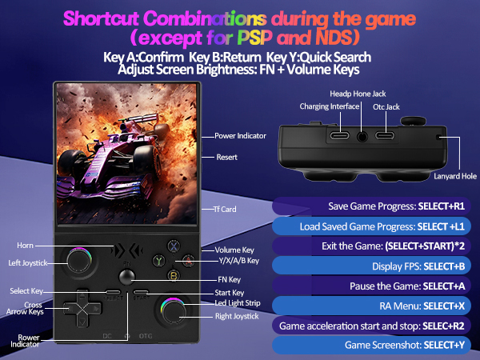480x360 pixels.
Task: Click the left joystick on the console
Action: (x=79, y=260)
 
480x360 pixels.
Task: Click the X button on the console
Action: (x=172, y=247)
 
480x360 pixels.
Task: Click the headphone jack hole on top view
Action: (x=364, y=137)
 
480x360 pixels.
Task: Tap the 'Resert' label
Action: (x=226, y=157)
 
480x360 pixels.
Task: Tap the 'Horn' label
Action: (x=24, y=245)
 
